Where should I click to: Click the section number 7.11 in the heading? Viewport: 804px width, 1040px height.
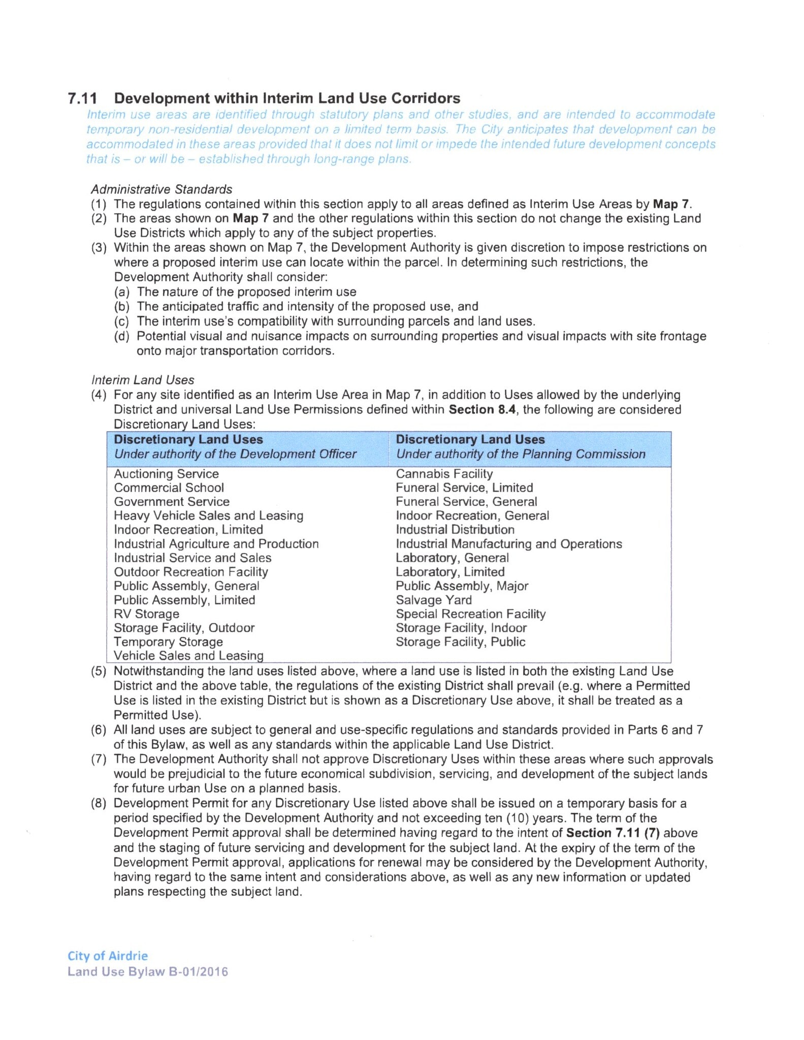[82, 98]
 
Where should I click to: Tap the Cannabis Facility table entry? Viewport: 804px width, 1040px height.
[444, 474]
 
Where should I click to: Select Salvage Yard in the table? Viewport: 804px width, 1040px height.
[433, 600]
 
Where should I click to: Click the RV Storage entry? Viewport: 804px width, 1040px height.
[146, 614]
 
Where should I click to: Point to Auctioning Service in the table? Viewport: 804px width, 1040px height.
[166, 474]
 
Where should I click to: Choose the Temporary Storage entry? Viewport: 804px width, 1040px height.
[168, 642]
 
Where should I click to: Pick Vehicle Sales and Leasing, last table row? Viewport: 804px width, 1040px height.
[188, 656]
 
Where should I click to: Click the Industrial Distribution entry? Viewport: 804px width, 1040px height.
[455, 530]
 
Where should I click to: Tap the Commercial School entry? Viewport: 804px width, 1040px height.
[169, 487]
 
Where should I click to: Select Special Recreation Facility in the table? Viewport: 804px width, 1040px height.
[470, 614]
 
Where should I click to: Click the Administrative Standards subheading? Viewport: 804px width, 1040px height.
[162, 189]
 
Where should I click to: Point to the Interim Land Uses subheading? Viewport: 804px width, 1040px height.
[143, 380]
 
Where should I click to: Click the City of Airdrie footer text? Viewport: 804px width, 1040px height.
[108, 956]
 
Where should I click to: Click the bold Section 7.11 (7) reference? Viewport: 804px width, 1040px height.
[613, 833]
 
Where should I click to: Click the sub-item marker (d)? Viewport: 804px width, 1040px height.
[122, 336]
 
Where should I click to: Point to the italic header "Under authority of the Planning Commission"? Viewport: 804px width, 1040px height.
[521, 454]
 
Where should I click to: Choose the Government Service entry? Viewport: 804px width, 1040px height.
[172, 502]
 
